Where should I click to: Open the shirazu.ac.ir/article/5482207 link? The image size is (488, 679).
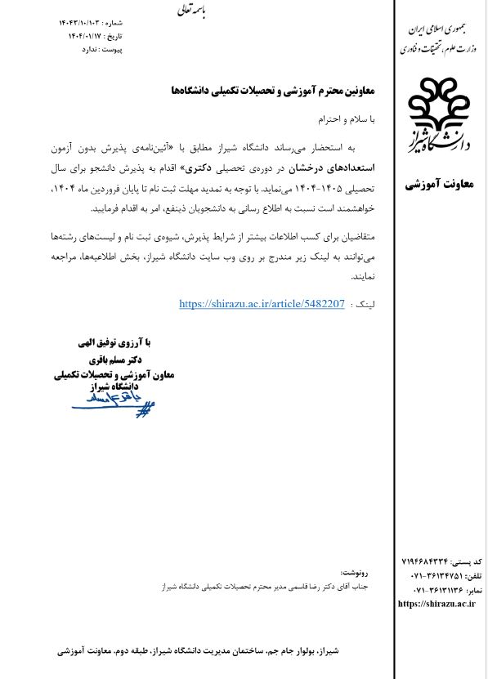(x=262, y=304)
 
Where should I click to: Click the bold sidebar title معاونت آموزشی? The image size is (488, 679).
(x=439, y=185)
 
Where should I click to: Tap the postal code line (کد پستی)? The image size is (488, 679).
(x=441, y=563)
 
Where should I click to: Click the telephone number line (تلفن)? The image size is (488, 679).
(x=441, y=576)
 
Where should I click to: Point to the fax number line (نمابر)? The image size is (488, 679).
(x=441, y=590)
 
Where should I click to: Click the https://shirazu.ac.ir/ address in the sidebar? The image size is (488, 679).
(x=436, y=604)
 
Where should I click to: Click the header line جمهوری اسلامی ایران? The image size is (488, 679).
(x=440, y=29)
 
